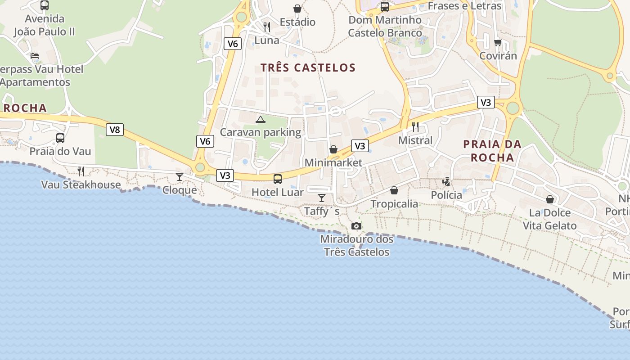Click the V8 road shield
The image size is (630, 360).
pyautogui.click(x=115, y=130)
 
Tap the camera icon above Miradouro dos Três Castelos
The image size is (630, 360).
pyautogui.click(x=356, y=226)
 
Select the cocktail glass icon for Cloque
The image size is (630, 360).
pyautogui.click(x=180, y=176)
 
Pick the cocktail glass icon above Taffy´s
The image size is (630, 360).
pyautogui.click(x=322, y=198)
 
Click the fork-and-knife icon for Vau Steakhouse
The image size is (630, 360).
pyautogui.click(x=81, y=171)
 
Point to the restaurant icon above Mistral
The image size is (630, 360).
pyautogui.click(x=415, y=126)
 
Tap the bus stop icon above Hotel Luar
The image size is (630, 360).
pyautogui.click(x=278, y=179)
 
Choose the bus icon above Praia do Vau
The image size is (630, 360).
pyautogui.click(x=60, y=138)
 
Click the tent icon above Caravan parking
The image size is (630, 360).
pyautogui.click(x=260, y=119)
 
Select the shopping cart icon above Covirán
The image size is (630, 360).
pyautogui.click(x=498, y=43)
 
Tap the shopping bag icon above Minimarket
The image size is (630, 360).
pyautogui.click(x=333, y=149)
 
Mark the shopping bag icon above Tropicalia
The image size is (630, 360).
pyautogui.click(x=394, y=190)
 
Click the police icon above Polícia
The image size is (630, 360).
pyautogui.click(x=446, y=182)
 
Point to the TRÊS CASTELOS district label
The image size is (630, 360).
pyautogui.click(x=308, y=68)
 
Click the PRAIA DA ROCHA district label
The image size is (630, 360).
pyautogui.click(x=492, y=151)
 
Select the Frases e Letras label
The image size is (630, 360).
pyautogui.click(x=464, y=6)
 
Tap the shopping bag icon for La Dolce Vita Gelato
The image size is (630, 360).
pyautogui.click(x=550, y=199)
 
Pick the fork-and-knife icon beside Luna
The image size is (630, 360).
pyautogui.click(x=267, y=27)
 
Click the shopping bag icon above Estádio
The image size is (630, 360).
pyautogui.click(x=297, y=9)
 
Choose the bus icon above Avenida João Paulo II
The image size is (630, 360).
pyautogui.click(x=45, y=5)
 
